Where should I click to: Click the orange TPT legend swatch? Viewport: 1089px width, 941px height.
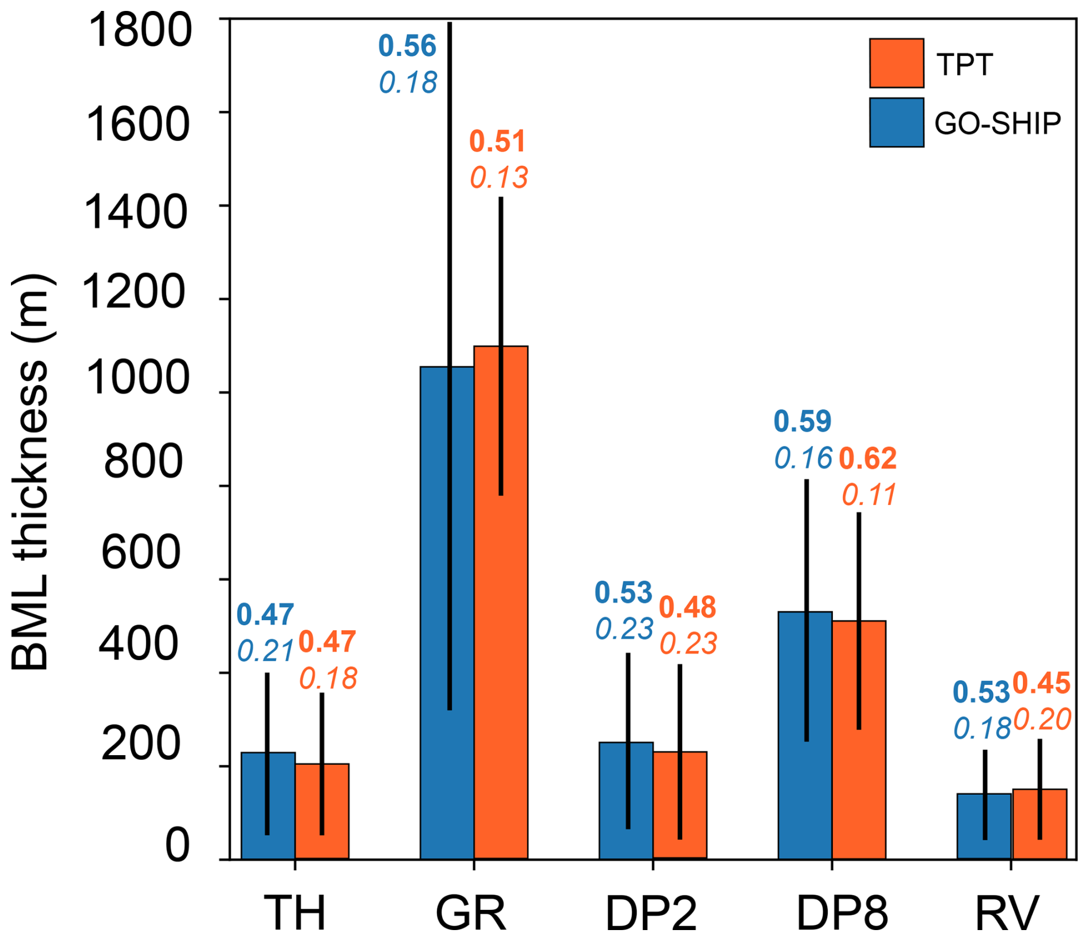[x=896, y=63]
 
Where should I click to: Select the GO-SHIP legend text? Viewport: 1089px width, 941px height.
[x=997, y=123]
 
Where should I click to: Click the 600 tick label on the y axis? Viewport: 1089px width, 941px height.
[x=141, y=552]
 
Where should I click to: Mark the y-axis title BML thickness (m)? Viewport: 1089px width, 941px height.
[x=32, y=472]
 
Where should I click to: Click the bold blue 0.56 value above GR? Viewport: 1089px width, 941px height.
[x=408, y=47]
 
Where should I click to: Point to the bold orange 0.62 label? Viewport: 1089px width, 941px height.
[x=867, y=459]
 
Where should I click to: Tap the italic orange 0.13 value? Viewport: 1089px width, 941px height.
[x=499, y=178]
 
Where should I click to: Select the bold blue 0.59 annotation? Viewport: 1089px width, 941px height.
[x=802, y=421]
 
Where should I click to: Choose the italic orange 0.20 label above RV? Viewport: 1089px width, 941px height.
[x=1042, y=719]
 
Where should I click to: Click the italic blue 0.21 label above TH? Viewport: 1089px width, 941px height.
[x=266, y=652]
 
